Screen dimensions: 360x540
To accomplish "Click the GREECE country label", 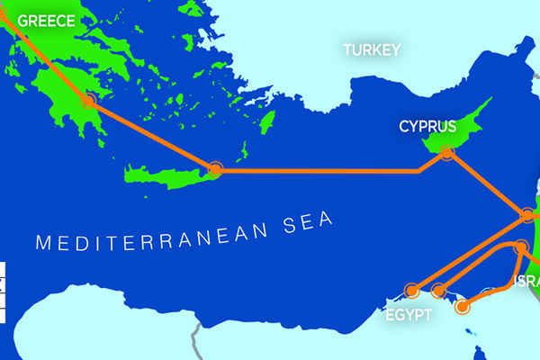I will (x=46, y=21).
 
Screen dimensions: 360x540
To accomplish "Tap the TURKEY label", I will (x=370, y=50).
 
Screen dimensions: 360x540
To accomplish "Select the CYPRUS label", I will (x=428, y=127).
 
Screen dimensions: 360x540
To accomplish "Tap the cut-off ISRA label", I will (x=526, y=283).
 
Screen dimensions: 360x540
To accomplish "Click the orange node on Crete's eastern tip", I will (x=214, y=169).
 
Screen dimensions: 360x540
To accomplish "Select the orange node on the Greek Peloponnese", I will (x=89, y=102).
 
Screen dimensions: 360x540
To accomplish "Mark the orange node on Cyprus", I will (x=447, y=155).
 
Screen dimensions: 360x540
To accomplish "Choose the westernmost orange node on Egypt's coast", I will (x=412, y=290).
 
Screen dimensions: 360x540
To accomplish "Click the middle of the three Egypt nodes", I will (x=439, y=290).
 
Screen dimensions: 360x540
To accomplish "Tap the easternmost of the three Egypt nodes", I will (x=463, y=307).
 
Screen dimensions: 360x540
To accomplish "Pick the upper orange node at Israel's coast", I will (x=527, y=215).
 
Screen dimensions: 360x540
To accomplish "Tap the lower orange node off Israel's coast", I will (x=520, y=246).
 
